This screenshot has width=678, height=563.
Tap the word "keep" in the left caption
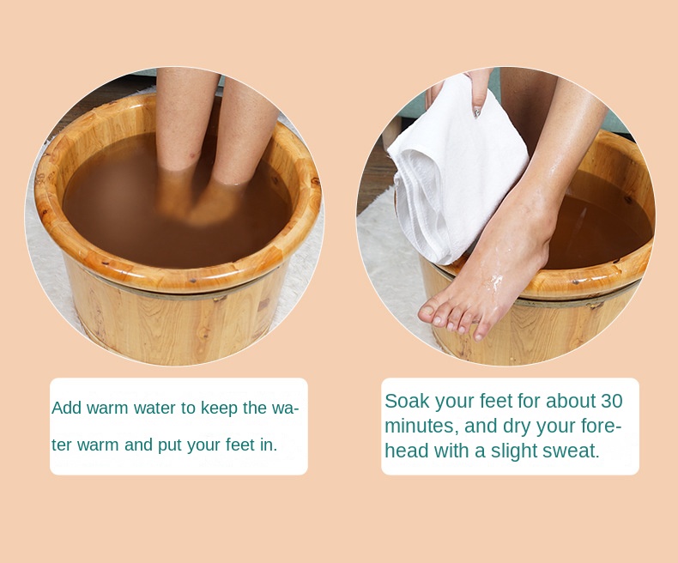[x=220, y=409]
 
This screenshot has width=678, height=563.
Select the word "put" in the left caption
[x=170, y=445]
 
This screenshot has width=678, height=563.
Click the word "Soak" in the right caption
[x=408, y=401]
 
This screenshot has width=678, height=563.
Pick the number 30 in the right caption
[x=611, y=401]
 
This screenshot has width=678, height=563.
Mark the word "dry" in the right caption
[x=517, y=427]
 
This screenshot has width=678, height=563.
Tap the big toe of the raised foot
[x=427, y=312]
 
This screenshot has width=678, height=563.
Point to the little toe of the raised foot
[x=479, y=334]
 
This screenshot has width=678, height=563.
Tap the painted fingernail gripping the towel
[x=477, y=112]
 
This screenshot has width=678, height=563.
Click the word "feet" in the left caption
[x=240, y=445]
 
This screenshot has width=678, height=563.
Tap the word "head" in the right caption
[x=407, y=451]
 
